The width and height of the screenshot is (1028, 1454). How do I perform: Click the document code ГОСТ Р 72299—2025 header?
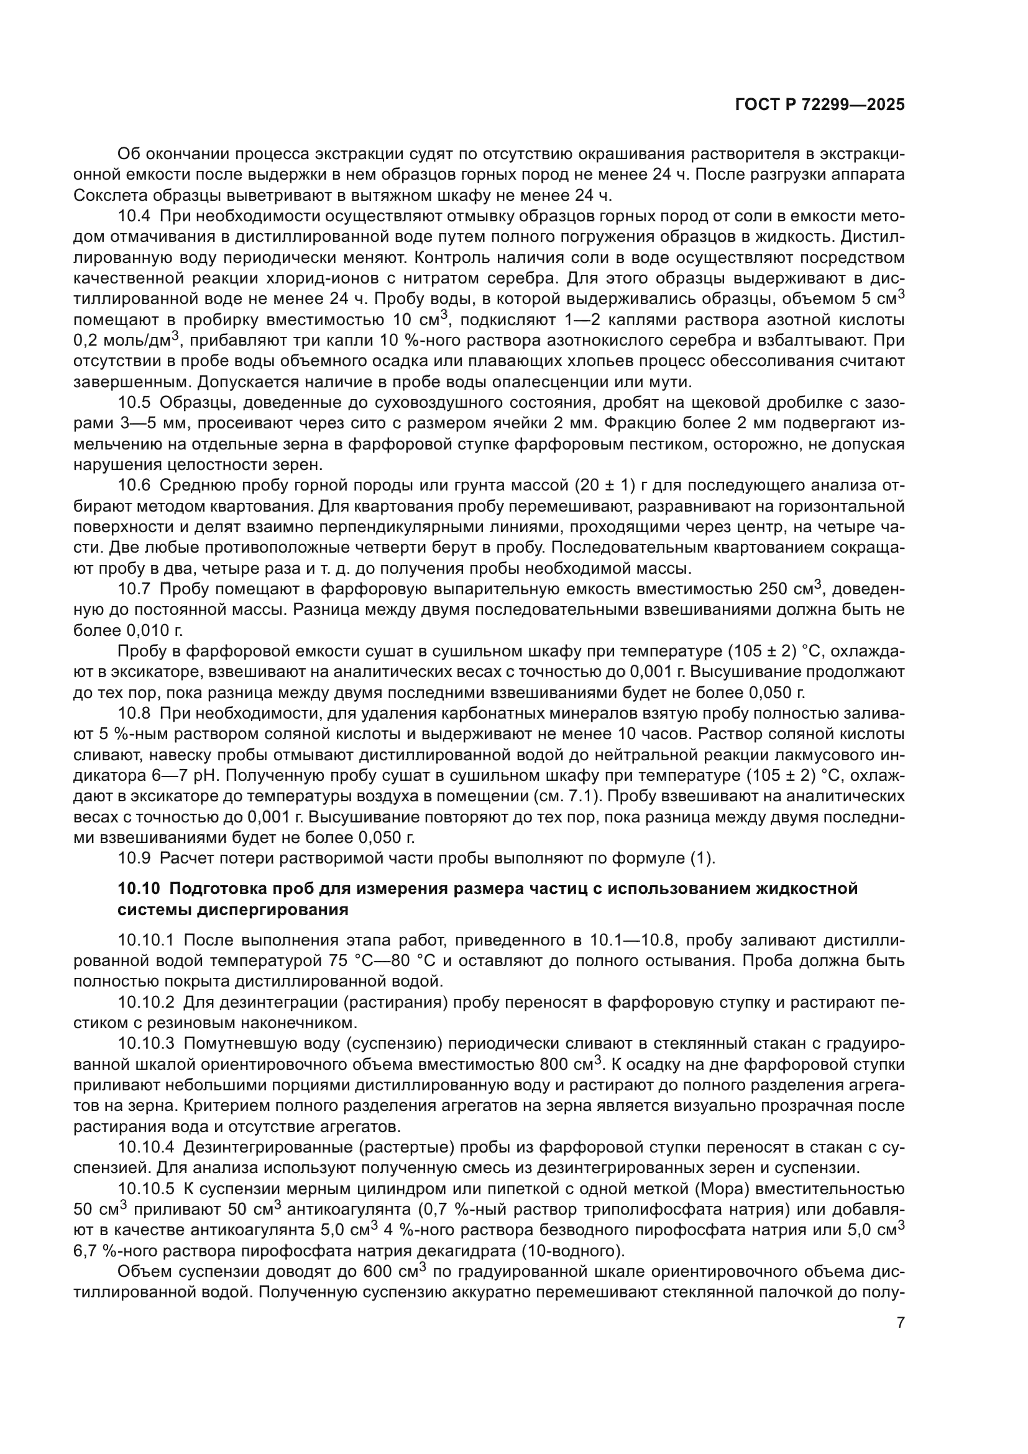tap(820, 105)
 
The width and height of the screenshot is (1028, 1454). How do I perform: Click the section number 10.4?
tap(134, 216)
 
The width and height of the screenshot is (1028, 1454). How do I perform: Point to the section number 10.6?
tap(134, 485)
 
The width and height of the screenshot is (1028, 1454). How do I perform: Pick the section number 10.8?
tap(134, 714)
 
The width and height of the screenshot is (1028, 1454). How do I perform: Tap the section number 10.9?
tap(134, 858)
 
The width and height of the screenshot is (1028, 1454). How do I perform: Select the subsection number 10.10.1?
tap(146, 941)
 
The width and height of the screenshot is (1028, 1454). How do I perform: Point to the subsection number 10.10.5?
tap(146, 1189)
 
